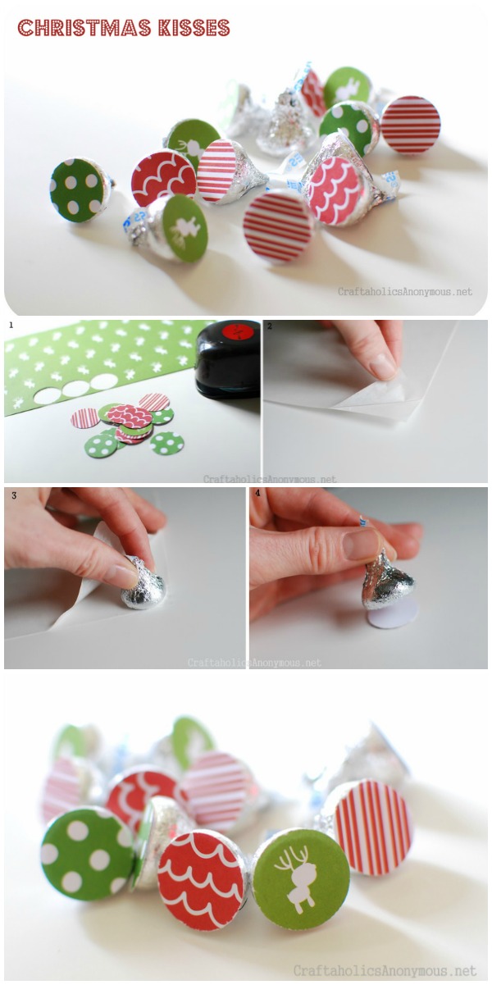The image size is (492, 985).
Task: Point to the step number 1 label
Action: [11, 326]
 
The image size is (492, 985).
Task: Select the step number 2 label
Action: [270, 326]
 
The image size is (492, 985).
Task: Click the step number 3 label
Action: [11, 495]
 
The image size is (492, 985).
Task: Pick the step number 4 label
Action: [257, 495]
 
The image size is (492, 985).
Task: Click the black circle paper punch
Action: [228, 358]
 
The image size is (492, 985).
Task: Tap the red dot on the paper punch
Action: [240, 332]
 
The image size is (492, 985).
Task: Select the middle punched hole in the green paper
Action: [76, 388]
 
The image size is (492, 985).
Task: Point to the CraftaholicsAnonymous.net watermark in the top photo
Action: [405, 291]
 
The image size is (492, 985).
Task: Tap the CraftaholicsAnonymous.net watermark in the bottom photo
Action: [386, 971]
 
